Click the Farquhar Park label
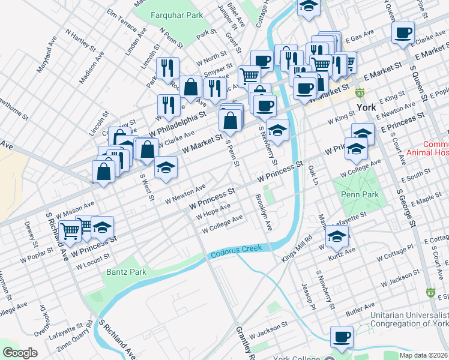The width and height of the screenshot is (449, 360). pyautogui.click(x=169, y=13)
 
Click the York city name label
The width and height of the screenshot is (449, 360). pyautogui.click(x=366, y=107)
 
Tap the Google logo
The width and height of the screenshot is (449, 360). pyautogui.click(x=20, y=352)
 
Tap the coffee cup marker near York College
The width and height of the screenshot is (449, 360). pyautogui.click(x=342, y=337)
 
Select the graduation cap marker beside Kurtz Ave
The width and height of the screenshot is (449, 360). pyautogui.click(x=337, y=237)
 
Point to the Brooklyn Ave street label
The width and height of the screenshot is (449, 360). pyautogui.click(x=264, y=212)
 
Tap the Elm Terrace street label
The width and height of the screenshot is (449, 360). pyautogui.click(x=122, y=20)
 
